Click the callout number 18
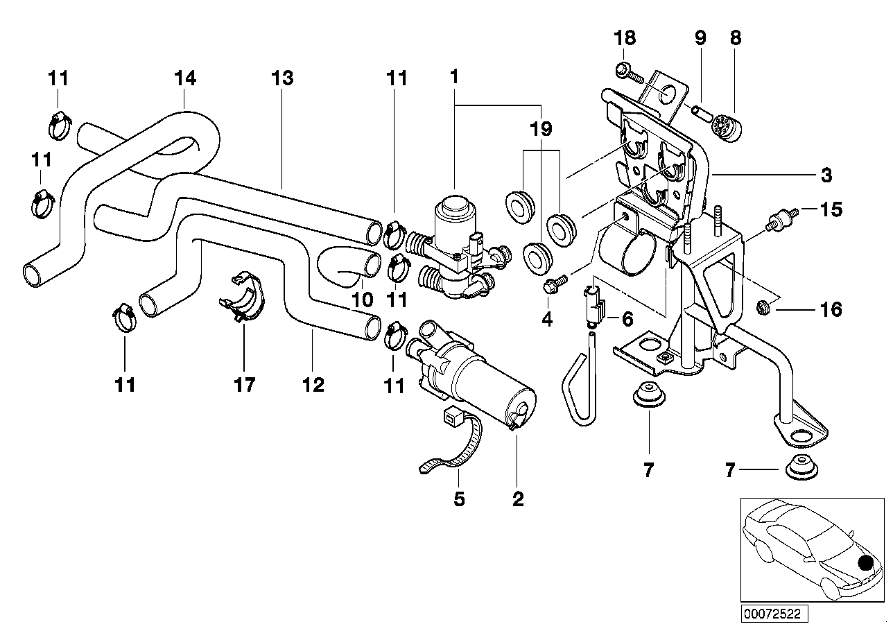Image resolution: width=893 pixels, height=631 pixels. pyautogui.click(x=624, y=38)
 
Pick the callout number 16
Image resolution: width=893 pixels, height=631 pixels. pyautogui.click(x=830, y=309)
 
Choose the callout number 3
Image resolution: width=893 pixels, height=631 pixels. pyautogui.click(x=825, y=175)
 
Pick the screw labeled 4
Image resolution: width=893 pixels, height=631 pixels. pyautogui.click(x=553, y=283)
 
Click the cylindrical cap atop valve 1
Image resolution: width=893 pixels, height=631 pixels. pyautogui.click(x=453, y=209)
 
